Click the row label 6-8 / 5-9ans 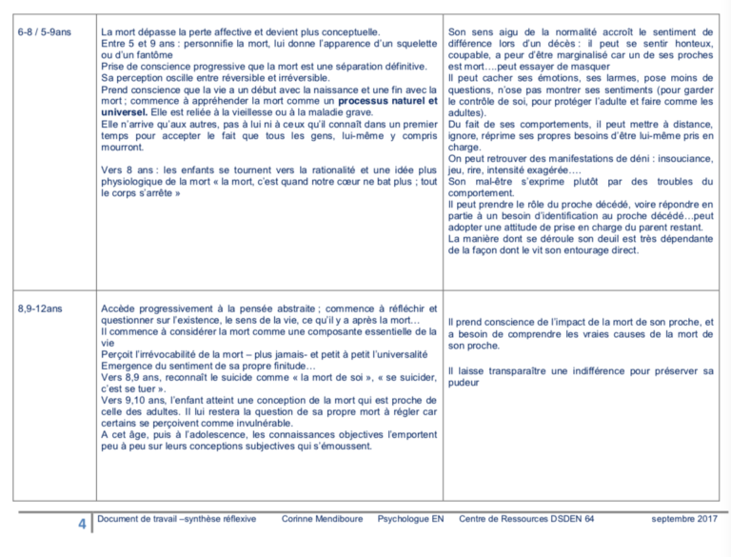tap(46, 32)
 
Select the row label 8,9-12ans tap(41, 308)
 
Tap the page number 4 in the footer tap(83, 524)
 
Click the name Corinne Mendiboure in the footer tap(322, 519)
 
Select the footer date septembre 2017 tap(684, 519)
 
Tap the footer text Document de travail tap(137, 519)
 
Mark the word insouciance tap(682, 158)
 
